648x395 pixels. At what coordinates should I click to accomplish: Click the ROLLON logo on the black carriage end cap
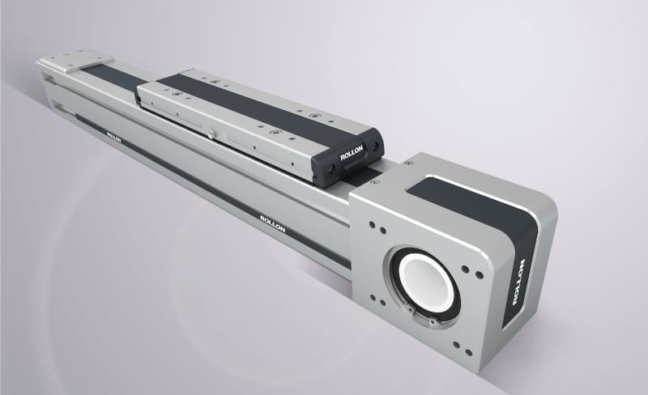click(352, 152)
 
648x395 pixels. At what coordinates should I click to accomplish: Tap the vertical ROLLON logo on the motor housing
click(518, 282)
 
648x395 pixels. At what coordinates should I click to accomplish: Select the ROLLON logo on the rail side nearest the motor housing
click(272, 223)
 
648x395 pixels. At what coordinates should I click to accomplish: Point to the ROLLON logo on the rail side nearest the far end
click(113, 137)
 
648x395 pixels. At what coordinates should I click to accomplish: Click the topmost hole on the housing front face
click(373, 225)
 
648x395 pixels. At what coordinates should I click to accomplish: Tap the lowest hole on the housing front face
click(469, 352)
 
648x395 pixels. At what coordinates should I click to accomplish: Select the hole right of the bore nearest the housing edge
click(480, 274)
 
